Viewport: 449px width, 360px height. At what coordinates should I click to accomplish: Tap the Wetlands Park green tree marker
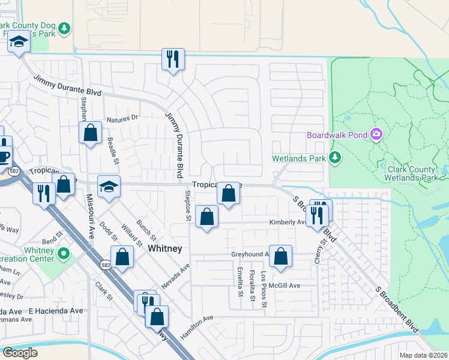coord(335,158)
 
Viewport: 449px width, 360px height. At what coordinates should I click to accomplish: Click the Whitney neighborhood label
coord(165,248)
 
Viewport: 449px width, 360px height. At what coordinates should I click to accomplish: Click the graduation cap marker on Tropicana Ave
coord(109,187)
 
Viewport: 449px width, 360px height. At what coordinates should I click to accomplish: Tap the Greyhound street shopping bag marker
coord(280,256)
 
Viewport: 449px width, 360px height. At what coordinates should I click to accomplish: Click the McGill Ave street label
coord(284,286)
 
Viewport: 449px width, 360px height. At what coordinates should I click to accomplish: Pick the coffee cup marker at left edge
coord(4,157)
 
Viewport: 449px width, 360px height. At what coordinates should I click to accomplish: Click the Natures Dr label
coord(122,118)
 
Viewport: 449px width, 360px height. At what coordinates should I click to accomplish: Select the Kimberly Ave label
coord(288,222)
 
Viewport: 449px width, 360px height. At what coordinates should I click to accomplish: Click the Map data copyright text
coord(423,355)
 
